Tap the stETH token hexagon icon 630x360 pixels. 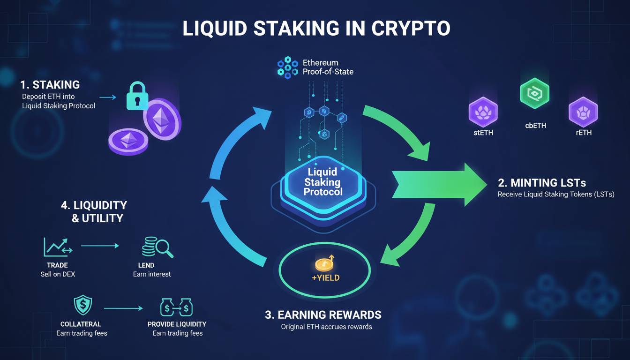click(x=483, y=112)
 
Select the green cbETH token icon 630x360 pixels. click(x=534, y=94)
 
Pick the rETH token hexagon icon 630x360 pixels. click(x=583, y=112)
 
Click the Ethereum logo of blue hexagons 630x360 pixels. click(x=287, y=67)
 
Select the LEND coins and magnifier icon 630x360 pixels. click(x=157, y=247)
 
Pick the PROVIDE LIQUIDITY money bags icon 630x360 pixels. click(x=177, y=307)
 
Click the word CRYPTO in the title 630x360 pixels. click(x=411, y=28)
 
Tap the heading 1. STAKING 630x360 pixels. click(x=50, y=85)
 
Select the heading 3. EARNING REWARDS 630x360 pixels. click(x=323, y=315)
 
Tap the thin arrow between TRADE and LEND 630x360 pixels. click(x=100, y=245)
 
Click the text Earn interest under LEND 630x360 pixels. click(x=152, y=274)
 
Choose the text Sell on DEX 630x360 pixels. click(x=58, y=274)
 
